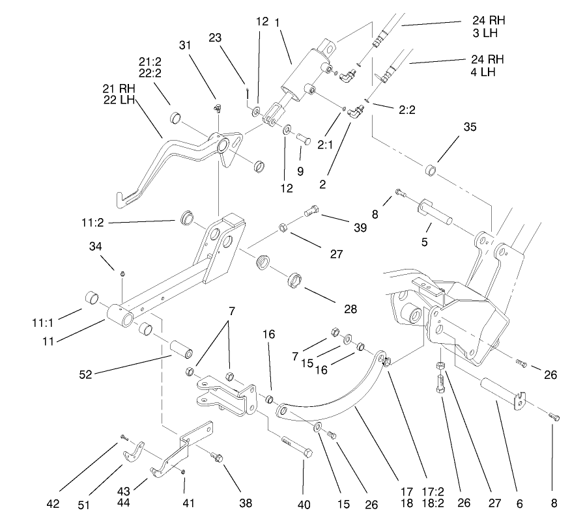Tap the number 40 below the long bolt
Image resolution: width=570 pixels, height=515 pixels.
304,503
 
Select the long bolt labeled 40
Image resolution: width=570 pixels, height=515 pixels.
296,448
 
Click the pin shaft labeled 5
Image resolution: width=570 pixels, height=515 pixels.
436,210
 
